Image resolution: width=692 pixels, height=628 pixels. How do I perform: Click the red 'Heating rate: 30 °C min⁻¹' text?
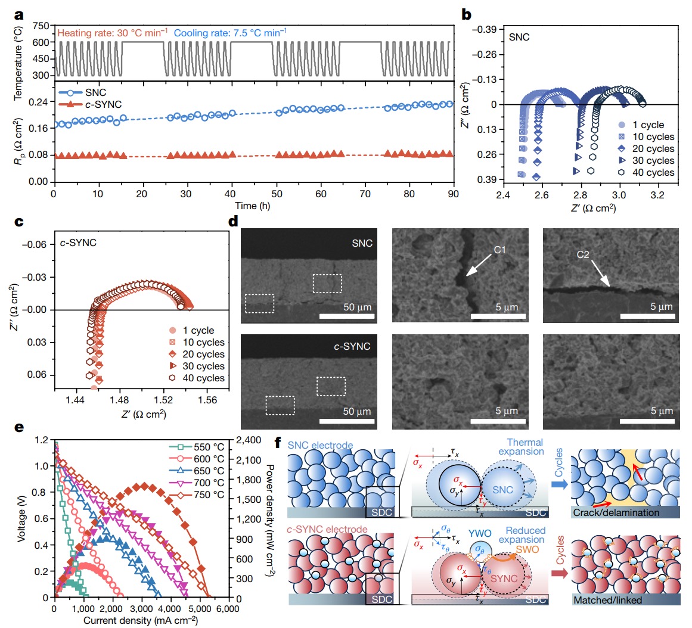point(112,32)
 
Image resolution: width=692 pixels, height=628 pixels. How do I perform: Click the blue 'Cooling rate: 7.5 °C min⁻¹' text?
point(230,32)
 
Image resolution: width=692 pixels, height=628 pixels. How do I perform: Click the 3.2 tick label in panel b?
point(657,195)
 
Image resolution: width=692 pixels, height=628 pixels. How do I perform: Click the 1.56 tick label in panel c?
point(207,401)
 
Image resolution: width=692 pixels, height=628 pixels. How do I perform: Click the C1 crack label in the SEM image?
point(499,250)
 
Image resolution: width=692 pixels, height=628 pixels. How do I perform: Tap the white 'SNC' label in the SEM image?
point(362,243)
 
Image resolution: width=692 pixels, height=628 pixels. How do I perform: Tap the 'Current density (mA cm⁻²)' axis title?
point(141,620)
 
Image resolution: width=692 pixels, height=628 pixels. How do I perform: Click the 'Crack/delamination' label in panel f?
point(616,512)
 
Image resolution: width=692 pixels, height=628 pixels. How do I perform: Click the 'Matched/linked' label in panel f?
point(608,600)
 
